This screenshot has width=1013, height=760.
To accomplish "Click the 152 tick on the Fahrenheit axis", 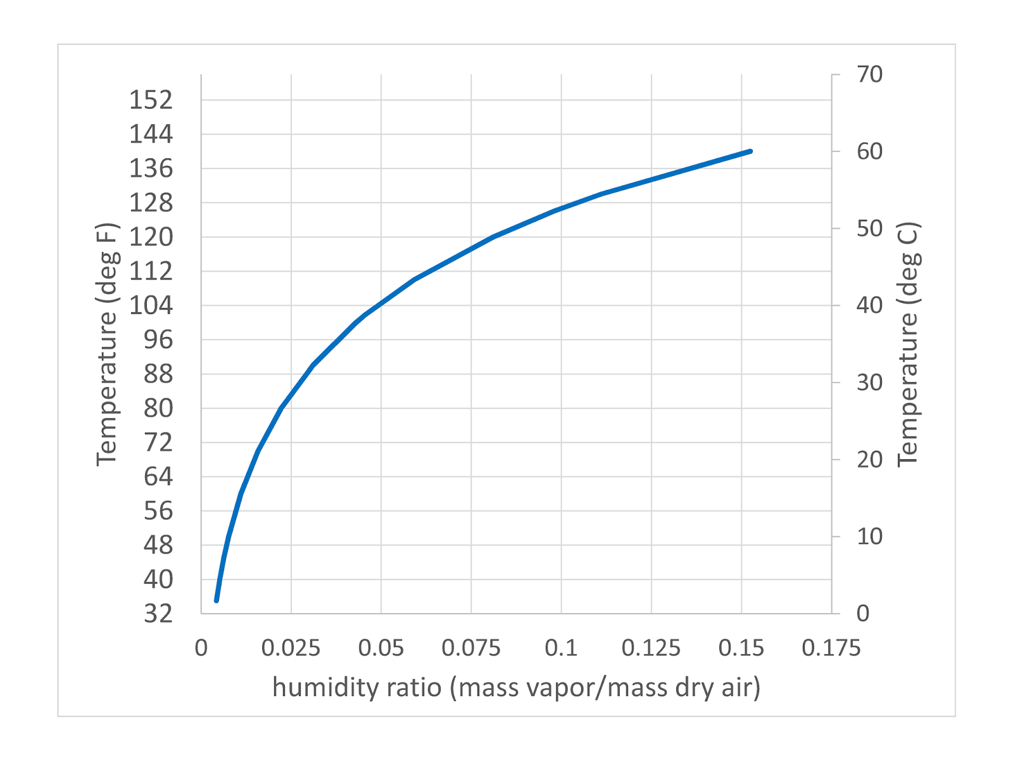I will pyautogui.click(x=151, y=100).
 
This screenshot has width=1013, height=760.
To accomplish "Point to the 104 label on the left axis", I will pyautogui.click(x=151, y=305).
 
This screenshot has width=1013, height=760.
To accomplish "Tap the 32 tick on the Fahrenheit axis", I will pyautogui.click(x=158, y=613).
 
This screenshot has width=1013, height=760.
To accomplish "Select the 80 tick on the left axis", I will pyautogui.click(x=158, y=408).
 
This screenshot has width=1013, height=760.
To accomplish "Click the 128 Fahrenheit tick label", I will pyautogui.click(x=151, y=203).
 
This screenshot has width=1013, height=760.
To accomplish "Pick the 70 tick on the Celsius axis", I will pyautogui.click(x=869, y=75).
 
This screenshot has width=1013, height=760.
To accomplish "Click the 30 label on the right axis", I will pyautogui.click(x=869, y=382).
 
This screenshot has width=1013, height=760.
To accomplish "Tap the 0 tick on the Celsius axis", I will pyautogui.click(x=863, y=613).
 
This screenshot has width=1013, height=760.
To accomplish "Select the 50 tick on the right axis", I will pyautogui.click(x=869, y=228).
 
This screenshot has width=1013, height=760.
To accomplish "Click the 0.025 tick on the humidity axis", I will pyautogui.click(x=291, y=648).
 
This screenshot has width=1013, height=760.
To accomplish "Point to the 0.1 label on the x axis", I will pyautogui.click(x=561, y=648).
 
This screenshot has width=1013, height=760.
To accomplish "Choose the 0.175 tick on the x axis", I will pyautogui.click(x=831, y=648).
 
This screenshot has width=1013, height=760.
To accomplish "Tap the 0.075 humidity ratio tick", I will pyautogui.click(x=471, y=648).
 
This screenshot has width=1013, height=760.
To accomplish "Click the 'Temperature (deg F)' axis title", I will pyautogui.click(x=107, y=345).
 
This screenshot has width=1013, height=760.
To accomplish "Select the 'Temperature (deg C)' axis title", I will pyautogui.click(x=907, y=345).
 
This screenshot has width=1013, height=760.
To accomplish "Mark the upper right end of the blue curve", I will pyautogui.click(x=750, y=151).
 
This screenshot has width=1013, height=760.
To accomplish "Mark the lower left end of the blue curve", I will pyautogui.click(x=217, y=600).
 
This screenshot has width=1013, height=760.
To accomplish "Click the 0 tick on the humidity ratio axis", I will pyautogui.click(x=201, y=648).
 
